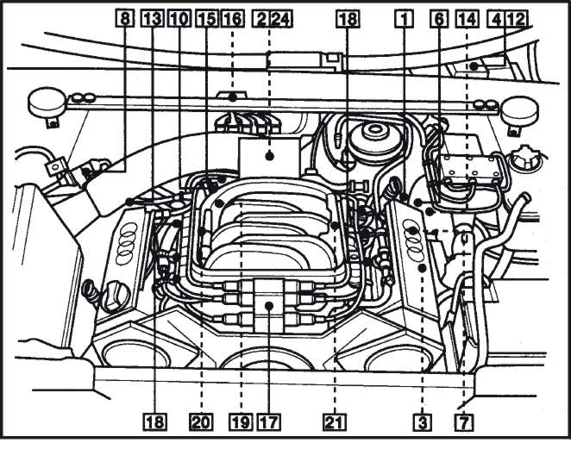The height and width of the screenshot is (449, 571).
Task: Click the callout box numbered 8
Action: (125, 19)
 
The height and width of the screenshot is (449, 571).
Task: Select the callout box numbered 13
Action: (152, 19)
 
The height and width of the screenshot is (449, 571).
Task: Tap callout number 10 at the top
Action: (179, 19)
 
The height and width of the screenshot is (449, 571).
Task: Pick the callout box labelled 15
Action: (206, 19)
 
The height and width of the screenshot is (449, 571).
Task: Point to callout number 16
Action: (233, 19)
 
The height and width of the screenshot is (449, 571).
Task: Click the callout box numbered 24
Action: (281, 19)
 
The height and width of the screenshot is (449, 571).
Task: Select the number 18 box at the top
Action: (348, 19)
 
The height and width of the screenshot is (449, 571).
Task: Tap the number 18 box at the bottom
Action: (155, 422)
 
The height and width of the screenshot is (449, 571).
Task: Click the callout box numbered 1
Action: (405, 19)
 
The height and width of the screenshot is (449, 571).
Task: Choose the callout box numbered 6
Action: (439, 19)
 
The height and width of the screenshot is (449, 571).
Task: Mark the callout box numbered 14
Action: (467, 19)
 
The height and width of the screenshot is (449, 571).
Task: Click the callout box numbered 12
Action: (516, 19)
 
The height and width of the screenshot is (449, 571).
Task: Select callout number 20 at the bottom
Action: (201, 422)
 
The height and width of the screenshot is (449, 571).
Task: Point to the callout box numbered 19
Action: (241, 422)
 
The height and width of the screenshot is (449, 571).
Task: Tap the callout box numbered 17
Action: (269, 422)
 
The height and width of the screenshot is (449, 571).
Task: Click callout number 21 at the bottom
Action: (335, 422)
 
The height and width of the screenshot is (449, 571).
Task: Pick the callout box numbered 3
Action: (423, 422)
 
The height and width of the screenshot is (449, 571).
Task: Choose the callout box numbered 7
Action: (464, 422)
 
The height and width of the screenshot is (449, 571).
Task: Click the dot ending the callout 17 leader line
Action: (269, 306)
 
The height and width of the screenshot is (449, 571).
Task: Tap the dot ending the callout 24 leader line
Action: (269, 156)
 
